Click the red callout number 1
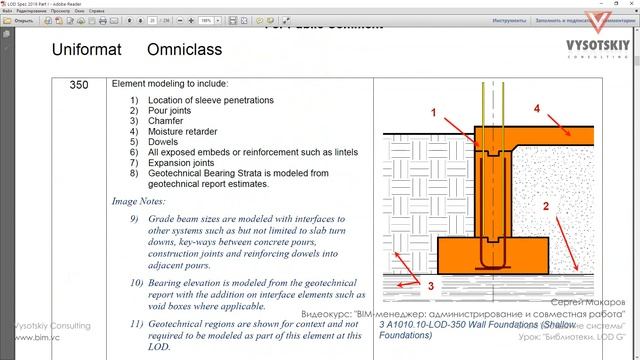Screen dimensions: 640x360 (x=433, y=114)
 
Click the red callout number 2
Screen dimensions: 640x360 (x=546, y=207)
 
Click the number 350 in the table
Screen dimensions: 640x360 (x=81, y=86)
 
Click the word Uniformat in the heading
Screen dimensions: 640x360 (x=88, y=49)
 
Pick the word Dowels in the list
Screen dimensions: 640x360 (x=164, y=142)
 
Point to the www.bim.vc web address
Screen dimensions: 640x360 (x=29, y=338)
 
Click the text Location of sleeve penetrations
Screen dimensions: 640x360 (x=209, y=101)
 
